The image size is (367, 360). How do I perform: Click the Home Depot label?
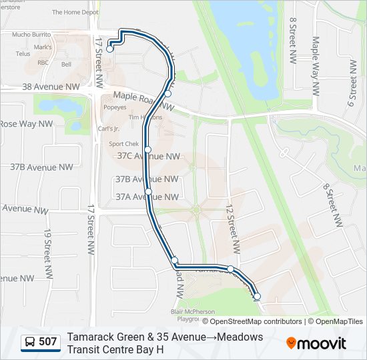pyautogui.click(x=75, y=12)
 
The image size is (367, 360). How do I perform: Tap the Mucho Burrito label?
pyautogui.click(x=31, y=34)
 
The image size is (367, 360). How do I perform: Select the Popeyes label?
pyautogui.click(x=114, y=106)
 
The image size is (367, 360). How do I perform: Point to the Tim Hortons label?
pyautogui.click(x=145, y=117)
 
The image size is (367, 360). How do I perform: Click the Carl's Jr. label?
pyautogui.click(x=108, y=129)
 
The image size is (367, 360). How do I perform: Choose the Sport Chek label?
pyautogui.click(x=123, y=143)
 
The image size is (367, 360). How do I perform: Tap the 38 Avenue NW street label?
pyautogui.click(x=51, y=87)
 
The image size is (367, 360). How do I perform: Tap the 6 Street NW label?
pyautogui.click(x=352, y=90)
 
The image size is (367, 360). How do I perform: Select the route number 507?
pyautogui.click(x=48, y=342)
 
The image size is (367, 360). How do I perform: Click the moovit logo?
pyautogui.click(x=316, y=343)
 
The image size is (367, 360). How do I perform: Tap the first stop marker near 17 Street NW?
pyautogui.click(x=109, y=49)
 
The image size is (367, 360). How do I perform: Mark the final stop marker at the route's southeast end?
pyautogui.click(x=257, y=297)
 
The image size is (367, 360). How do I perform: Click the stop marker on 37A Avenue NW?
pyautogui.click(x=148, y=192)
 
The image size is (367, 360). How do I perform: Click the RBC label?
pyautogui.click(x=43, y=62)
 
